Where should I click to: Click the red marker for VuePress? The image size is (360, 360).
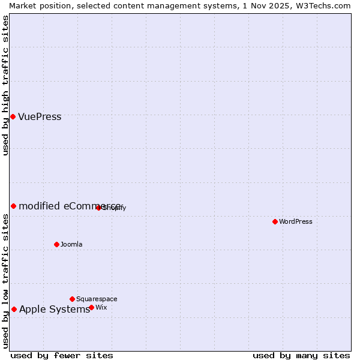click(x=13, y=116)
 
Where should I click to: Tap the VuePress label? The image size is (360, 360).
click(x=40, y=117)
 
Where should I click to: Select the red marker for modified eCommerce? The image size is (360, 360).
click(x=13, y=206)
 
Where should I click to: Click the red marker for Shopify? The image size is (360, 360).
click(x=98, y=208)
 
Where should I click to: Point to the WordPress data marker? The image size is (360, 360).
click(x=275, y=221)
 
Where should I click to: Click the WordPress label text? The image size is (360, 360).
click(x=296, y=221)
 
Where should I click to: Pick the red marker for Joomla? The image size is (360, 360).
click(x=56, y=244)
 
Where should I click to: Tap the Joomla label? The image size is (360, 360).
click(x=71, y=244)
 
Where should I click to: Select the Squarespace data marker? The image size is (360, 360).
click(x=72, y=299)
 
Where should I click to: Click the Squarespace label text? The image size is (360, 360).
click(x=97, y=299)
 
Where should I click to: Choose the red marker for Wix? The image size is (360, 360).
click(x=91, y=307)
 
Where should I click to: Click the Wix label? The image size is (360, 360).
click(x=101, y=307)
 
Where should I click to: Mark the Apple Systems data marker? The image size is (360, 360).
click(x=14, y=310)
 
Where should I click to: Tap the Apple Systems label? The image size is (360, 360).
click(x=54, y=310)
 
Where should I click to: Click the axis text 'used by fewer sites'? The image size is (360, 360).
click(x=62, y=356)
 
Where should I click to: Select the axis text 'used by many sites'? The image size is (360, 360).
click(x=301, y=356)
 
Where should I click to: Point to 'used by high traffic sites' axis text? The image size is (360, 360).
click(x=5, y=85)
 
